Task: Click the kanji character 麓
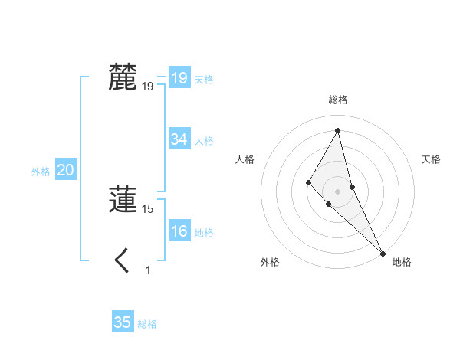123,77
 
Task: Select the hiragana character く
122,261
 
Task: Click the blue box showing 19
179,78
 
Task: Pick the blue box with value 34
179,139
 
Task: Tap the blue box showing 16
179,231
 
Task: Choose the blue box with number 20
65,171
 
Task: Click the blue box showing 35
123,322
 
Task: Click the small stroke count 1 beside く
148,270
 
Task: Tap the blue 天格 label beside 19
204,80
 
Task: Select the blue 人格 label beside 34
204,141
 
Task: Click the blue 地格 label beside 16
204,233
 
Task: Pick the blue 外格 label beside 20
41,172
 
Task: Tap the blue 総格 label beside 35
147,324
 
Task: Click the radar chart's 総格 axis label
337,100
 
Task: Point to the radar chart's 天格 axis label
432,159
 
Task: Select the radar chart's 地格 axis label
402,262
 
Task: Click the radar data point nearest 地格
383,252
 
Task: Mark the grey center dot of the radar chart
337,191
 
